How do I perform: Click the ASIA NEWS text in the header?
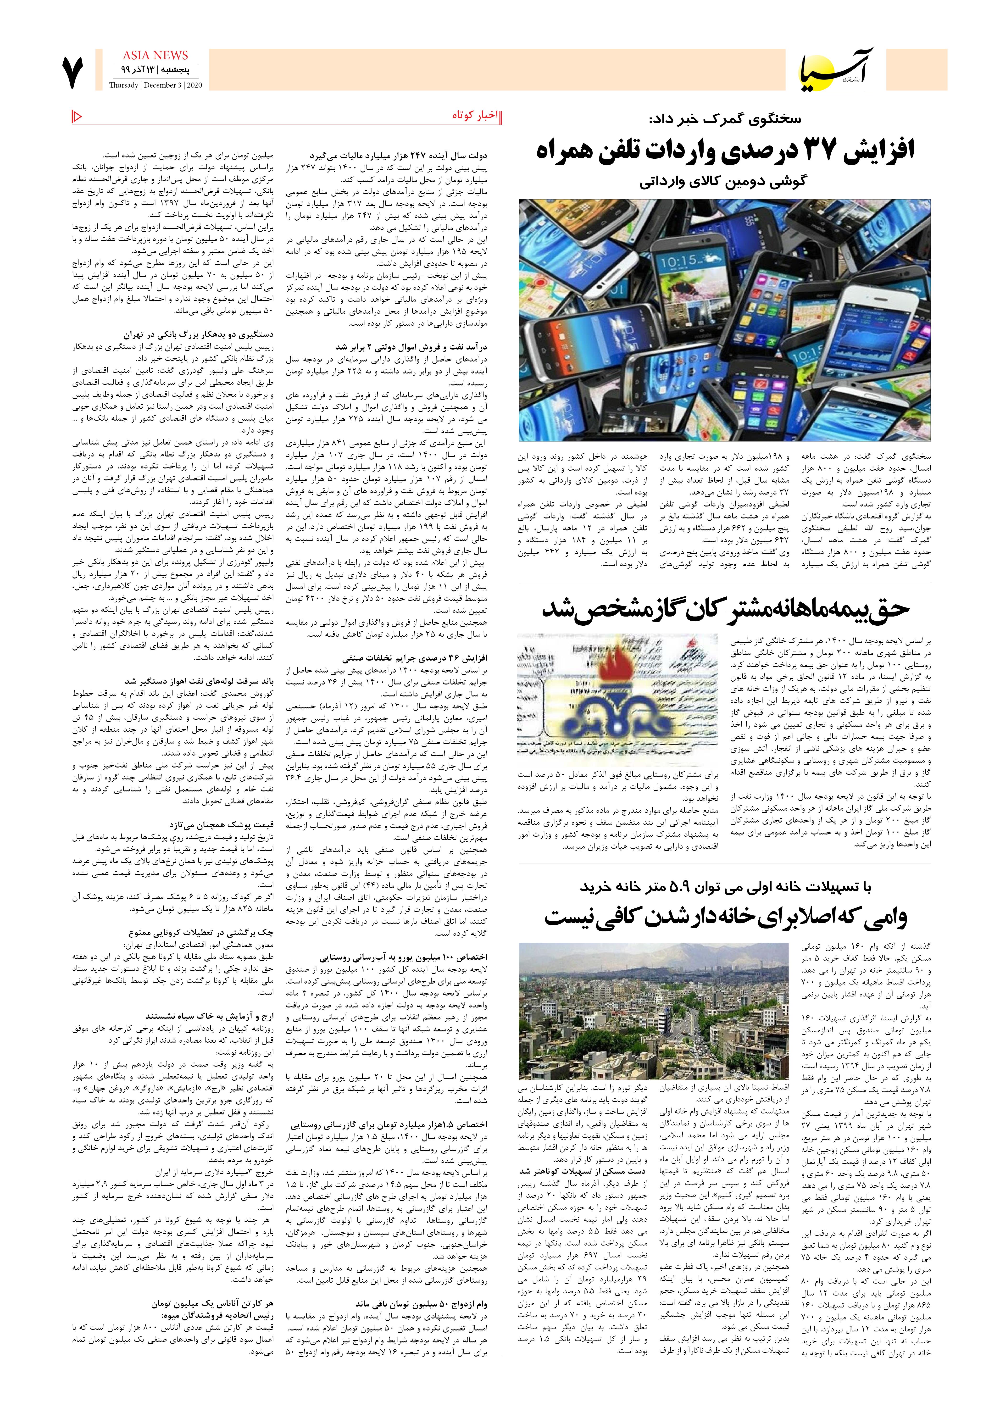click(x=155, y=56)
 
